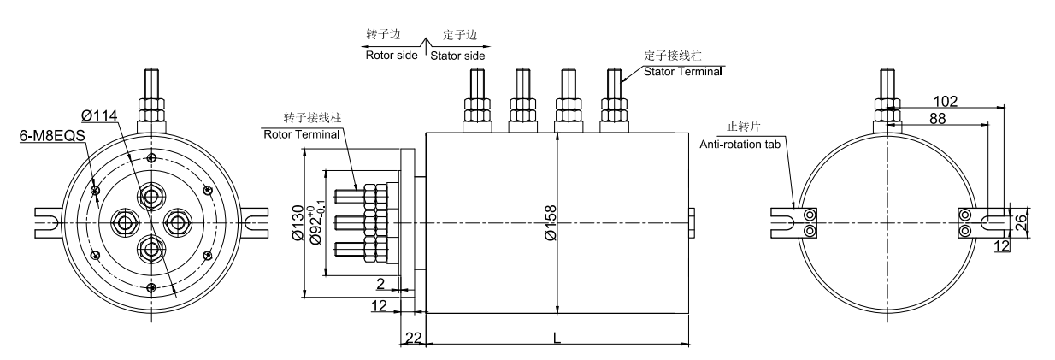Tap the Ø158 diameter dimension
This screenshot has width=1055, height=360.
coord(550,223)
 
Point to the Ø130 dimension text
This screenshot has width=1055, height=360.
coord(296,222)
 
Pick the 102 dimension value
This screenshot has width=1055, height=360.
coord(945,101)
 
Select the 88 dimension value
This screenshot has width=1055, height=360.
coord(937,119)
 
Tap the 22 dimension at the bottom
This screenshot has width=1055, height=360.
coord(413,339)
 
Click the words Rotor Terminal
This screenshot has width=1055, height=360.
coord(301,133)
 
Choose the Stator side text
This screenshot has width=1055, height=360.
coord(457,56)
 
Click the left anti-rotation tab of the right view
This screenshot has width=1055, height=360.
coord(799,222)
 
